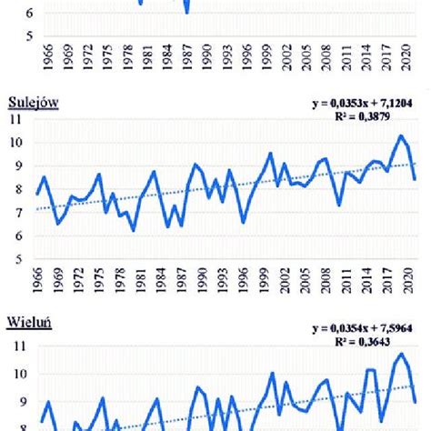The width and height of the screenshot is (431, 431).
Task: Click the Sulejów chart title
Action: coord(32,103)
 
